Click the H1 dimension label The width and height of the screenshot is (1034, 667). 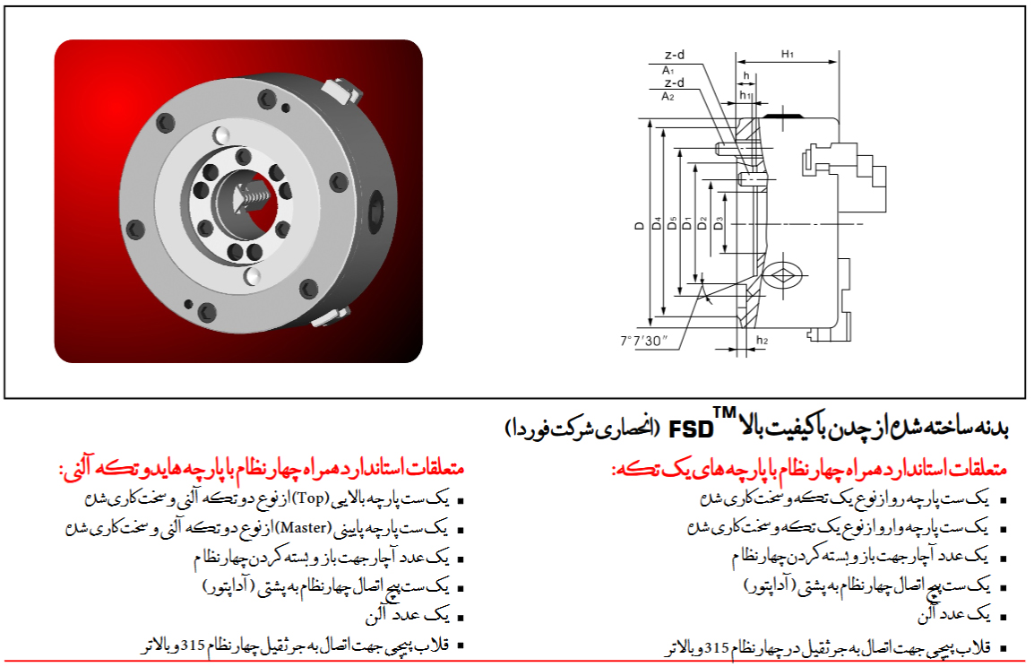pos(788,54)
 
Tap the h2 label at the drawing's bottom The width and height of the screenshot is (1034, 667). pos(762,341)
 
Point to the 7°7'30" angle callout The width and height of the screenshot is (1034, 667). pos(643,341)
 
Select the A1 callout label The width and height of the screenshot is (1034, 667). pos(668,70)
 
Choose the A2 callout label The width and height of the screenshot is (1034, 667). pos(668,97)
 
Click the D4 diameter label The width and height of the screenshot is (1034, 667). pos(656,223)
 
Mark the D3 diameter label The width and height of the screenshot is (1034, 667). pos(718,223)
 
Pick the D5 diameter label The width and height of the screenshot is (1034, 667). pos(672,223)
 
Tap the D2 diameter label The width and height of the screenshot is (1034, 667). pos(702,223)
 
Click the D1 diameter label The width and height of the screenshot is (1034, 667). pos(687,223)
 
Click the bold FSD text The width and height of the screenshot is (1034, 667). pos(691,430)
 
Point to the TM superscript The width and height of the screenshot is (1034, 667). pos(725,413)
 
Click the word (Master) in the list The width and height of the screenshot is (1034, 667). pos(303,528)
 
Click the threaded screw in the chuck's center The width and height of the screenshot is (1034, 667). pos(254,195)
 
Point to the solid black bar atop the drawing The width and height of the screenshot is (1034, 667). pos(784,116)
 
